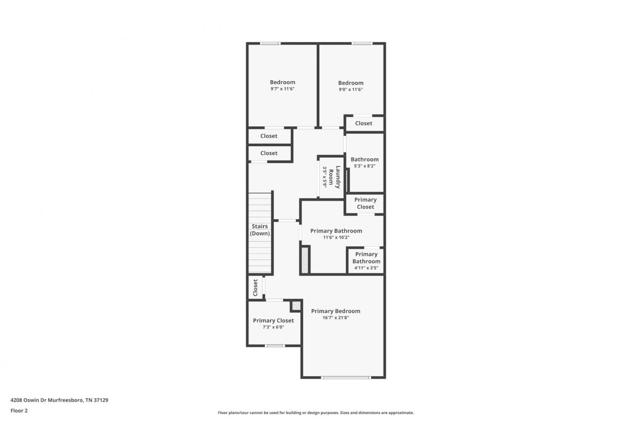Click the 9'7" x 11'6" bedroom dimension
click(x=282, y=89)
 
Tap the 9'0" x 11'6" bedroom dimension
click(x=351, y=89)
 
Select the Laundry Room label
click(x=335, y=177)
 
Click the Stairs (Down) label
click(x=260, y=230)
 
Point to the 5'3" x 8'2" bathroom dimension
click(x=364, y=166)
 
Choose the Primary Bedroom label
click(x=335, y=311)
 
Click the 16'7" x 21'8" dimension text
click(x=335, y=318)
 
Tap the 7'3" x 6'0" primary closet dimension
click(x=273, y=327)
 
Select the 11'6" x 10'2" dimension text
click(x=336, y=238)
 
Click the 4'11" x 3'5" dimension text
click(x=366, y=268)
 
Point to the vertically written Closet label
click(x=255, y=287)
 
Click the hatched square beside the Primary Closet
click(x=296, y=306)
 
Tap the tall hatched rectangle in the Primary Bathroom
click(x=305, y=260)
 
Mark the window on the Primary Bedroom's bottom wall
click(x=345, y=378)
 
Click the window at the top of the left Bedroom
click(x=270, y=43)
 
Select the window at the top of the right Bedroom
click(x=362, y=43)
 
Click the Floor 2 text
click(x=19, y=410)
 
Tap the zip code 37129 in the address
click(x=101, y=400)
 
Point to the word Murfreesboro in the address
click(x=65, y=400)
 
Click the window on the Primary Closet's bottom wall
click(x=275, y=346)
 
